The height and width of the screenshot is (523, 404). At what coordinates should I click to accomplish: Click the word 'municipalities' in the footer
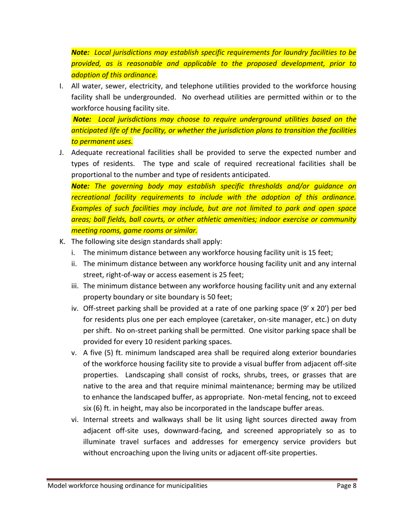[187, 486]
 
